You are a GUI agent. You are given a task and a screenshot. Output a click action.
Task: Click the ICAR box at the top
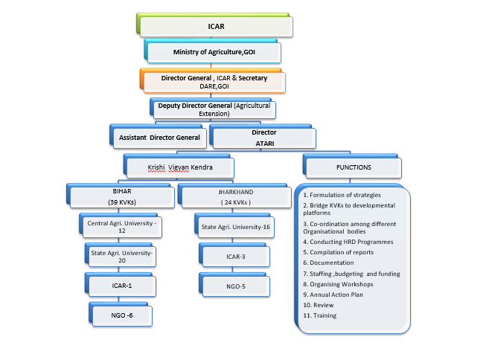[x=215, y=27]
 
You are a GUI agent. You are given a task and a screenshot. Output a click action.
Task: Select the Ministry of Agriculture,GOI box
[x=214, y=53]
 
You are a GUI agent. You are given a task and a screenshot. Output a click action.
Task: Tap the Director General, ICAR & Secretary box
[x=214, y=81]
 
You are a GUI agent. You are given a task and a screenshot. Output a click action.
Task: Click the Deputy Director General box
[x=214, y=110]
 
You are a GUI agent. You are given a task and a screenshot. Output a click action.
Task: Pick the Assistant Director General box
[x=159, y=138]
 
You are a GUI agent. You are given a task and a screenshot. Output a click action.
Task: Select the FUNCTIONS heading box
[x=353, y=167]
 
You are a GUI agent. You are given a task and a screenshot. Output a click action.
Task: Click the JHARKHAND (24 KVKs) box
[x=228, y=197]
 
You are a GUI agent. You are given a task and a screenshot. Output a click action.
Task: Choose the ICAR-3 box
[x=231, y=257]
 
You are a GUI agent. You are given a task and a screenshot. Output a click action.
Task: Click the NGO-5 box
[x=231, y=286]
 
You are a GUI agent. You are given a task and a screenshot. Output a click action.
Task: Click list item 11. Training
[x=321, y=315]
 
